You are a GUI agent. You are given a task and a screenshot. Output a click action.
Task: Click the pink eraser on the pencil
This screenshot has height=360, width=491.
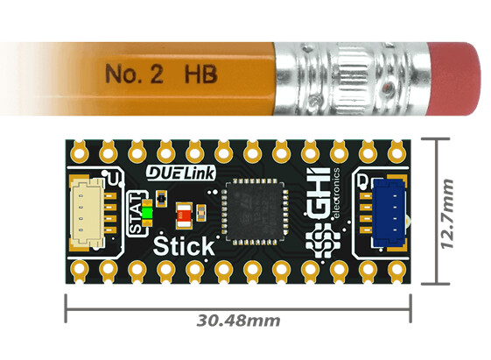454,79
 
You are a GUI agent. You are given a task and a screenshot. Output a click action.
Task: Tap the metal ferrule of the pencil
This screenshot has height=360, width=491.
351,79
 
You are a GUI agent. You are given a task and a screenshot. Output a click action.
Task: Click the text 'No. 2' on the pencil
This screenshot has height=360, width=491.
134,74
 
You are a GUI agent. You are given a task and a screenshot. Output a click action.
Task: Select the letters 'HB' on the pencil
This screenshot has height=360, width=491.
200,74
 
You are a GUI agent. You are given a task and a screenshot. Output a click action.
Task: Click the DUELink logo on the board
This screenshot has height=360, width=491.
181,173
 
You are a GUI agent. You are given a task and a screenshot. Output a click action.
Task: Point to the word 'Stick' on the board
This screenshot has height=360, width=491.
184,245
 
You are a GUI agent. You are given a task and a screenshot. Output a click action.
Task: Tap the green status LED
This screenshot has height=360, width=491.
147,214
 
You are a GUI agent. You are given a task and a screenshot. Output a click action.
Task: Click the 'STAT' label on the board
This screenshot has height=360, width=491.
136,214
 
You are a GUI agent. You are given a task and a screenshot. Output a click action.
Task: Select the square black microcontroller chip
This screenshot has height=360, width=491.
255,211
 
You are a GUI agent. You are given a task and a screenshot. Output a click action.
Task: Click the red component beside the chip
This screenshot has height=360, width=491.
184,215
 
